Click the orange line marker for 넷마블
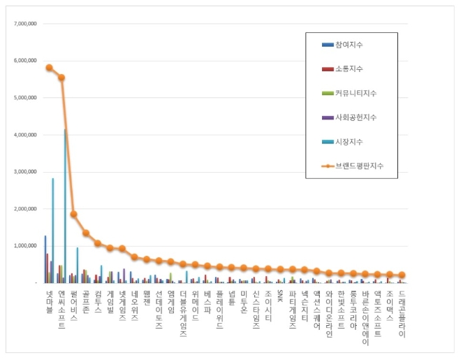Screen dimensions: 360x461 (x=49, y=68)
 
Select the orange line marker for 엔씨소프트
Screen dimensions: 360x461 (x=61, y=78)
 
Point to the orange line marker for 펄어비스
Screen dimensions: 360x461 (x=73, y=214)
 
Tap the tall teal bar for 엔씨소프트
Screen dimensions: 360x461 (x=65, y=206)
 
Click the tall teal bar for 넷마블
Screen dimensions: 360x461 (x=52, y=231)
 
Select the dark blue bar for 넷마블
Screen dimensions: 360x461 (x=45, y=259)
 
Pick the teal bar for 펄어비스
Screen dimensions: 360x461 (x=77, y=265)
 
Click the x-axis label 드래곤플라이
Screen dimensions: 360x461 (x=402, y=314)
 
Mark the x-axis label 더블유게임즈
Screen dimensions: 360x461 (x=183, y=314)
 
